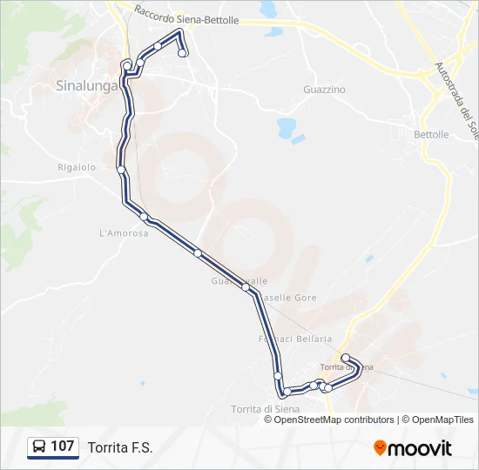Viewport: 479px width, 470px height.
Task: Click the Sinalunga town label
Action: pos(86,85)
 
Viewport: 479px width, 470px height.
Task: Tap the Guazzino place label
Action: pos(324,90)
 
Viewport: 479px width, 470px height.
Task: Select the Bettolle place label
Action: pos(431,135)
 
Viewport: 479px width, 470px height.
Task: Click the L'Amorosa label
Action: pos(125,233)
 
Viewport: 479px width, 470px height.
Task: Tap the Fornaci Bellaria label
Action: pos(295,339)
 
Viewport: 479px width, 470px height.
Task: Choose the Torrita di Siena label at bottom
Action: pos(266,409)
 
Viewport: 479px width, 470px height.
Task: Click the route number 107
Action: pos(63,446)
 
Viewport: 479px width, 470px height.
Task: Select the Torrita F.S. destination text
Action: pos(120,447)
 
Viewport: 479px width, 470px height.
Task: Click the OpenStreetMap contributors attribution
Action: pos(334,420)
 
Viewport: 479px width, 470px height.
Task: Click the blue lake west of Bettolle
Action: pos(286,129)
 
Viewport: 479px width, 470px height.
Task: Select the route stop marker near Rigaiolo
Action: pos(121,169)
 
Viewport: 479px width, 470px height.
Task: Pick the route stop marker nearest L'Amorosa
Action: pos(145,217)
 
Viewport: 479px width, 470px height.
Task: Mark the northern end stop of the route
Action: pos(183,53)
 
